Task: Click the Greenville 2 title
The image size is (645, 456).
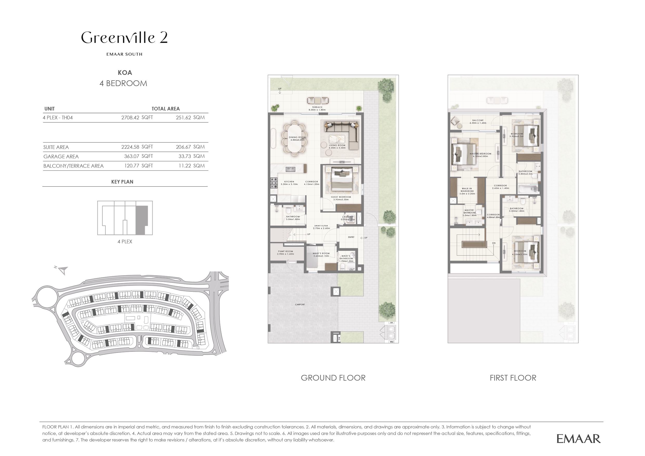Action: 125,38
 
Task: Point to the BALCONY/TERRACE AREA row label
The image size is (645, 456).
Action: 73,166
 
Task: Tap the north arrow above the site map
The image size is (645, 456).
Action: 63,270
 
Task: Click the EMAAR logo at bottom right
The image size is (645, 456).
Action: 578,439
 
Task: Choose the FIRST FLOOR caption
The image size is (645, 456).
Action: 513,378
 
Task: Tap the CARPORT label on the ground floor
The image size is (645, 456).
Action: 300,304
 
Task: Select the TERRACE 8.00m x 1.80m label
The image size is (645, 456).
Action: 317,108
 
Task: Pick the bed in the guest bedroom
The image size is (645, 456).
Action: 341,180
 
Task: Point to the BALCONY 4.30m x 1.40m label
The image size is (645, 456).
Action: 478,122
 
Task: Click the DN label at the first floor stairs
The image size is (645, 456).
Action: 494,243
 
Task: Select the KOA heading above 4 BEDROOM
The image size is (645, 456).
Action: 125,73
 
